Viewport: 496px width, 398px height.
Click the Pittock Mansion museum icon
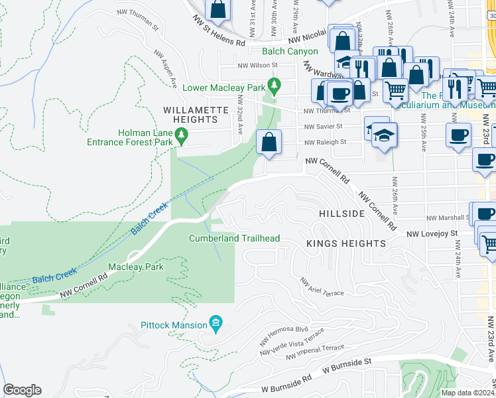pos(215,323)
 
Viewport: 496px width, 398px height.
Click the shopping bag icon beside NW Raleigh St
pos(269,143)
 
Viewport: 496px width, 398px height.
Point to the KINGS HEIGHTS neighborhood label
pos(346,243)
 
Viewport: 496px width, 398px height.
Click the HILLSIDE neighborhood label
pos(341,214)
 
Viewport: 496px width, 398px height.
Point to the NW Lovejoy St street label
pos(432,233)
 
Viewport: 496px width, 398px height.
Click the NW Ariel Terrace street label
pos(322,287)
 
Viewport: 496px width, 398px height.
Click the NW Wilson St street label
pos(257,65)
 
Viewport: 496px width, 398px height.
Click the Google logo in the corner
pos(23,389)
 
